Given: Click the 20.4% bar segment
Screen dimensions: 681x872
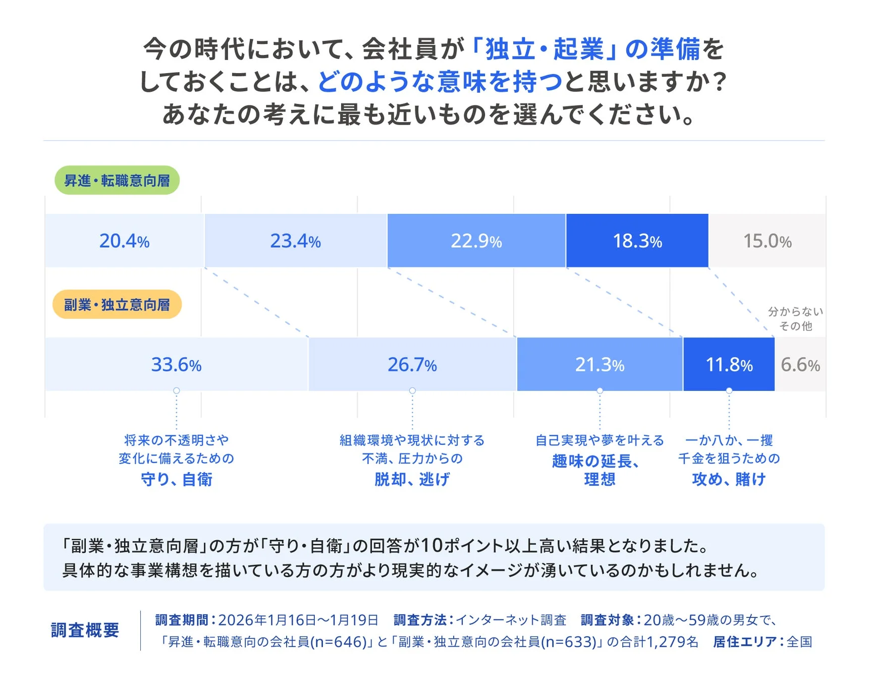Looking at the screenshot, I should coord(124,241).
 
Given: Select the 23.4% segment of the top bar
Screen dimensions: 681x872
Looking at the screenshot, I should coord(295,241).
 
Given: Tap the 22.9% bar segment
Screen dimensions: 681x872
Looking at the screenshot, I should coord(476,241).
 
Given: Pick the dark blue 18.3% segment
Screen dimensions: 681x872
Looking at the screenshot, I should coord(637,241).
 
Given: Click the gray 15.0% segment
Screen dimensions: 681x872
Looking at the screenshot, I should coord(767,241).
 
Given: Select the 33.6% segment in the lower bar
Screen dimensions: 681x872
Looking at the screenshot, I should coord(176,364).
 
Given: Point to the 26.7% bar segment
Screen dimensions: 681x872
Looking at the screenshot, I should coord(412,364).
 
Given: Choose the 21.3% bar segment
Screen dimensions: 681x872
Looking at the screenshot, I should coord(599,364).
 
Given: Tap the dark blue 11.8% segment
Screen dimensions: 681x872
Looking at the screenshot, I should coord(729,364).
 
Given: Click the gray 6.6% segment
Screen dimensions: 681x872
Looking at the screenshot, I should coord(800,364).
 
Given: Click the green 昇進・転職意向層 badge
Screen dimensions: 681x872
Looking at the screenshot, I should coord(117,180).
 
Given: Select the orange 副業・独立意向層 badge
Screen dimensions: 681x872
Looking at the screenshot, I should coord(117,305).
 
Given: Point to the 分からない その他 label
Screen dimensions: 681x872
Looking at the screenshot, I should coord(795,319).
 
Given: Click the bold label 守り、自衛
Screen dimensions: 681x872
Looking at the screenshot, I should coord(176,479).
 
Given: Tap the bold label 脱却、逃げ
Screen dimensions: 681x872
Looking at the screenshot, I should coord(412,479).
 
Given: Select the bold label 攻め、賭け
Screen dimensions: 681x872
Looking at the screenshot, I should coord(729,479).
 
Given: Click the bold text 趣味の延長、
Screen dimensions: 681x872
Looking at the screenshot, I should coord(595,461).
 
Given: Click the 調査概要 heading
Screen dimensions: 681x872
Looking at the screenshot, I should coord(85,630).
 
